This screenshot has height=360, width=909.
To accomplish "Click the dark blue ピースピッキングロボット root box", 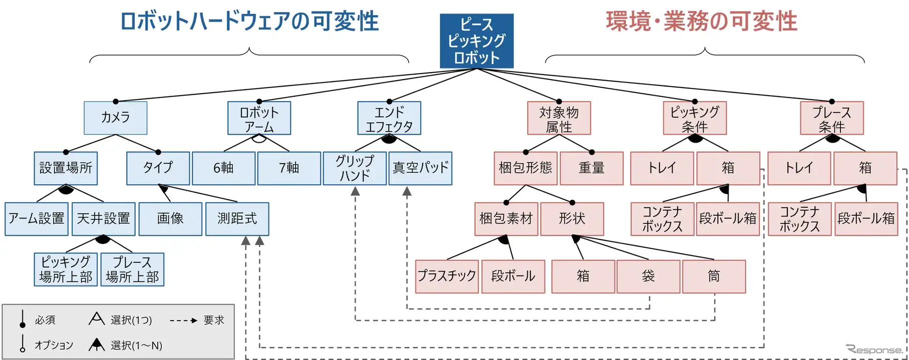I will [x=476, y=41].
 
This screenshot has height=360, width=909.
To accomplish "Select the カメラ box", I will [x=115, y=118].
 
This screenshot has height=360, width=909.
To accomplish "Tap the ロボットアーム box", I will [x=259, y=118].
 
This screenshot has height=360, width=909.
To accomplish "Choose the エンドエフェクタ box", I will [x=389, y=118].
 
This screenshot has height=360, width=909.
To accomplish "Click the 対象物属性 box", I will [x=559, y=118].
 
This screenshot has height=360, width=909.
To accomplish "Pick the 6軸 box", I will [x=223, y=168].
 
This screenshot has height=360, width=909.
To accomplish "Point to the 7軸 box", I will [x=289, y=168].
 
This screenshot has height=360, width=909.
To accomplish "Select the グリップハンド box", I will [x=355, y=168].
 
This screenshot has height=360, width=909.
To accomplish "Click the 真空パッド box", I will [x=420, y=168].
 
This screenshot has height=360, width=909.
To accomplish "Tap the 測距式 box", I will [x=237, y=219].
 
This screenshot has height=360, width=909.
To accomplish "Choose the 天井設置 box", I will [x=103, y=219].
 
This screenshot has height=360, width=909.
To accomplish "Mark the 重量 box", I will [x=591, y=168].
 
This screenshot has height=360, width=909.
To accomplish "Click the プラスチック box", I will [x=447, y=276].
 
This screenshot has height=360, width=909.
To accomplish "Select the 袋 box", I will [x=648, y=276].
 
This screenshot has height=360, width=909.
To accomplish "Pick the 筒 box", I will [x=714, y=276].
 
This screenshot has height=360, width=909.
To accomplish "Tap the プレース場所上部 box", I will [x=132, y=269].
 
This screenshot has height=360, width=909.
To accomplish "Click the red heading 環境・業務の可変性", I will [x=701, y=22].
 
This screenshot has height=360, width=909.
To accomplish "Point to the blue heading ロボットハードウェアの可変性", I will [x=249, y=22].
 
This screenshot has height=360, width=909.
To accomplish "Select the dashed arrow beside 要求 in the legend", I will [x=183, y=320].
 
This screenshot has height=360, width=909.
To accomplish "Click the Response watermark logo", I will [x=874, y=349].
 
